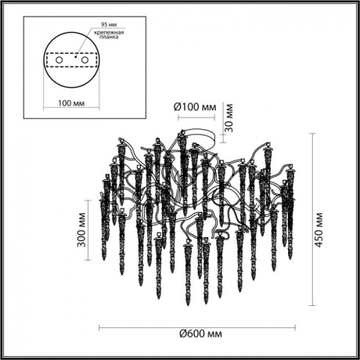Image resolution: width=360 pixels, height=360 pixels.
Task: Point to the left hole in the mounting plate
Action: tap(56, 58)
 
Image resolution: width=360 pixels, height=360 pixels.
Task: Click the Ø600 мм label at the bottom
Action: tap(202, 335)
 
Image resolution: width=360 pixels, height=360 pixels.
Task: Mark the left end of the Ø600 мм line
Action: tap(99, 326)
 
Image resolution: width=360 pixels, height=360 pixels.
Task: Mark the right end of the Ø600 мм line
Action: tap(305, 326)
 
